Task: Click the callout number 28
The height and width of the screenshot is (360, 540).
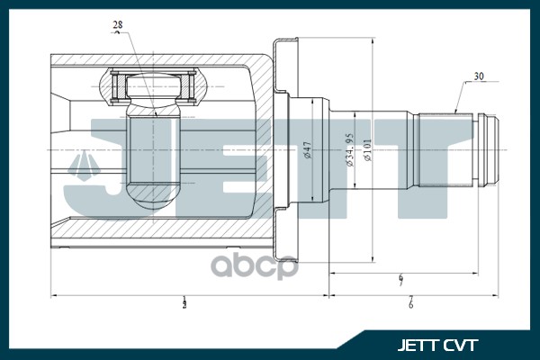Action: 119,23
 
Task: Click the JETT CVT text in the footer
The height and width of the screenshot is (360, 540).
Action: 438,344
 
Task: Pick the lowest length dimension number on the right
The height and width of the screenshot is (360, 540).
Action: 409,303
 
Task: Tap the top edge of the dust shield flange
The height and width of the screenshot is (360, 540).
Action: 285,40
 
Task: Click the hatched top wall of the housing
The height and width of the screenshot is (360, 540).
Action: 162,60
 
